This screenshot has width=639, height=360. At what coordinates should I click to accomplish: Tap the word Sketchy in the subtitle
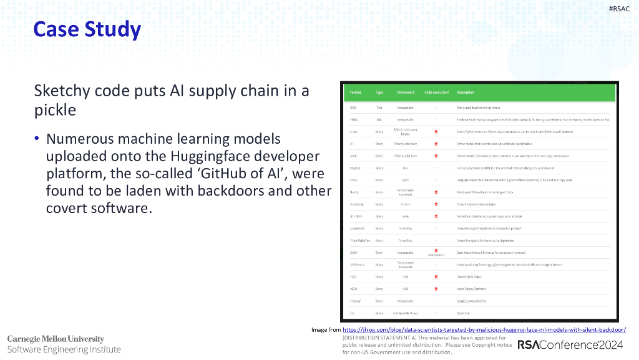point(62,91)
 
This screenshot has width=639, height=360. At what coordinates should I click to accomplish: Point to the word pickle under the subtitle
point(55,111)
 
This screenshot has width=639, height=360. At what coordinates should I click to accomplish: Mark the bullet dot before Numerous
point(37,139)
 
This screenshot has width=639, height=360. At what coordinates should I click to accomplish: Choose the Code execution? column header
point(436,92)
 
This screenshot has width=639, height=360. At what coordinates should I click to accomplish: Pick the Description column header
point(466,92)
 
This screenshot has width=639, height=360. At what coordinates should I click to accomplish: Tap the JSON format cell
point(353,107)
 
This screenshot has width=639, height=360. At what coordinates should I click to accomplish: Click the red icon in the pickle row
point(436,131)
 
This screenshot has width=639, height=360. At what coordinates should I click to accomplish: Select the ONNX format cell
point(353,252)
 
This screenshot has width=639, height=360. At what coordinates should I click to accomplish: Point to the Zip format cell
point(353,312)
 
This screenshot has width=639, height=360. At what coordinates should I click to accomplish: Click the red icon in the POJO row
point(436,276)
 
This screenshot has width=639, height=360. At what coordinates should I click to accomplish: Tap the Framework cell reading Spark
point(405,179)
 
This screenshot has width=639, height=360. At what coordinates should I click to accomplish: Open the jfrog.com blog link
point(484,329)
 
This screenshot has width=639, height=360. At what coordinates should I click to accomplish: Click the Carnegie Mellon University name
point(56,339)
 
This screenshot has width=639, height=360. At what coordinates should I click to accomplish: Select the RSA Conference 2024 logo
point(570,344)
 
